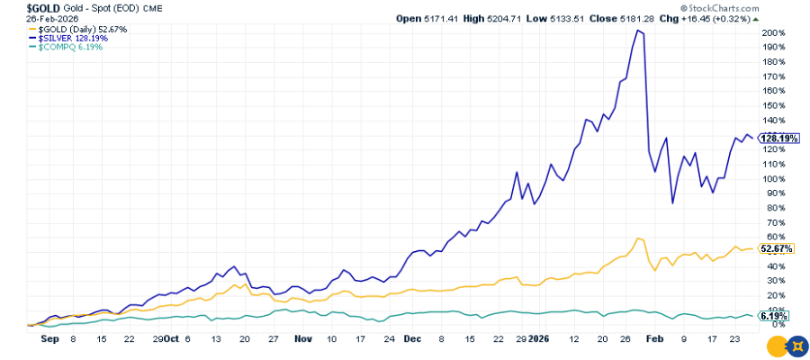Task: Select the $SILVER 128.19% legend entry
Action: coord(64,38)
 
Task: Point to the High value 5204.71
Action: coord(521,18)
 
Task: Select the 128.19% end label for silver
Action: coord(776,139)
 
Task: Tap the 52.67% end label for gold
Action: coord(775,248)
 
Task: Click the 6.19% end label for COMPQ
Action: coord(773,316)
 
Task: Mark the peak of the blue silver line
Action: coord(638,31)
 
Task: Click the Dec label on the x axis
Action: coord(412,340)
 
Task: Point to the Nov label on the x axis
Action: coord(301,340)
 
